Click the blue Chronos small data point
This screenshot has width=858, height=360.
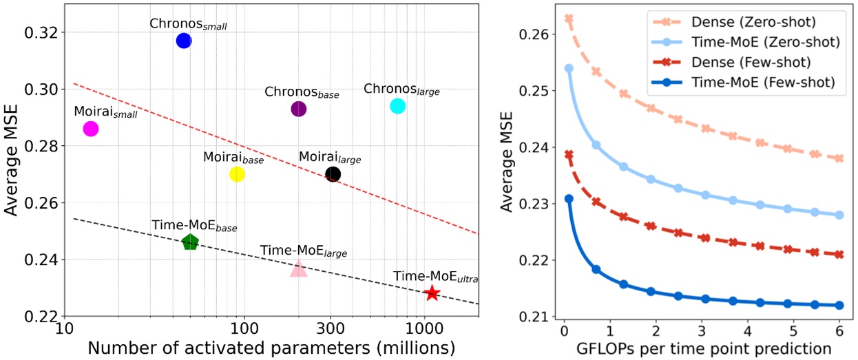tap(184, 41)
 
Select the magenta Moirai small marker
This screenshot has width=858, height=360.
tap(90, 129)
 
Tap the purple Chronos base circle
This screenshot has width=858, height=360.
tap(299, 109)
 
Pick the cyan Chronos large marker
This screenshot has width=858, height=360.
tap(397, 106)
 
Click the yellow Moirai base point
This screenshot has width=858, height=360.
tap(237, 174)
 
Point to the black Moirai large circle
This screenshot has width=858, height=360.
tap(333, 174)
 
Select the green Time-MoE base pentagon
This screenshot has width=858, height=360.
tap(190, 242)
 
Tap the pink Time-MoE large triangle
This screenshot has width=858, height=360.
tap(298, 269)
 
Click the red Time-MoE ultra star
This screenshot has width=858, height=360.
tap(432, 293)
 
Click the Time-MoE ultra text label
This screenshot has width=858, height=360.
tap(436, 277)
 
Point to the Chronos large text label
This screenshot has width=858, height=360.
tap(401, 89)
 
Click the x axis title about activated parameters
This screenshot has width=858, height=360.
tap(271, 347)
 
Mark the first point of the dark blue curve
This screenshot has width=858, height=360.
tap(569, 199)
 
